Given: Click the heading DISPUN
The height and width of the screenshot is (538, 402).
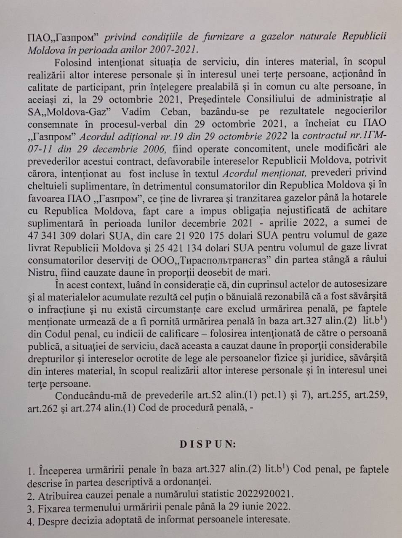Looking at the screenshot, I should tap(208, 444).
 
